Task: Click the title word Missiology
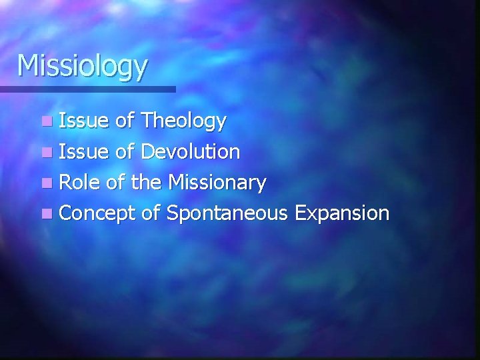tap(83, 67)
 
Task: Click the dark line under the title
tap(87, 89)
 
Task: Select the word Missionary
tap(218, 182)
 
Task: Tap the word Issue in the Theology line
tap(83, 121)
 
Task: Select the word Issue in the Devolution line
tap(83, 151)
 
